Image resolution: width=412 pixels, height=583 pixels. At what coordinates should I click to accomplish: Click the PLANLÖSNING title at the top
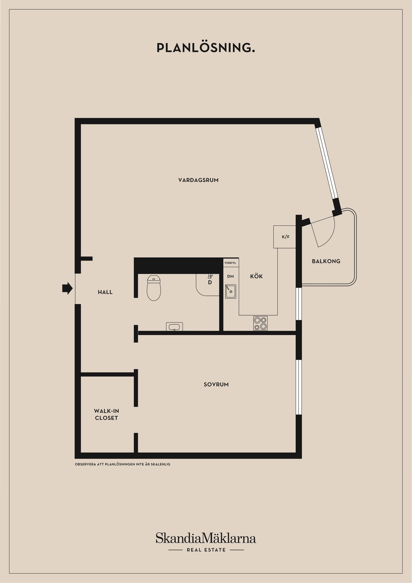pos(206,48)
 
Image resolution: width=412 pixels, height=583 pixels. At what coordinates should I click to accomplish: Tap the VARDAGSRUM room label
pos(198,180)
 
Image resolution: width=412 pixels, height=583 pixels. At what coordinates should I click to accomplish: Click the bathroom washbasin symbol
pos(174,326)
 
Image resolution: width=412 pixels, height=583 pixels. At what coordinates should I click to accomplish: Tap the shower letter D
pos(210,282)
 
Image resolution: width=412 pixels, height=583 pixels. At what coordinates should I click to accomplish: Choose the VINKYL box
pos(230,263)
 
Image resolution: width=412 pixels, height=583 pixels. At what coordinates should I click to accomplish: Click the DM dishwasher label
pos(230,276)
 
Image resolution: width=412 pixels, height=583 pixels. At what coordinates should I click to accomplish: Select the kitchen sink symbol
pos(230,291)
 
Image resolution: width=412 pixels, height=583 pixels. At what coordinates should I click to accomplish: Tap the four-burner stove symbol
pos(260,323)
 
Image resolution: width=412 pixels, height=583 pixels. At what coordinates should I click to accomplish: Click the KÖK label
pos(256,276)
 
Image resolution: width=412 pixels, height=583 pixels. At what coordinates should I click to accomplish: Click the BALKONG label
pos(326,261)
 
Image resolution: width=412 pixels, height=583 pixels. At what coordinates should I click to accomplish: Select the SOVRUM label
pos(216,384)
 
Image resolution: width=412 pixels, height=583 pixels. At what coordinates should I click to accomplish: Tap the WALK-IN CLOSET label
pos(106,414)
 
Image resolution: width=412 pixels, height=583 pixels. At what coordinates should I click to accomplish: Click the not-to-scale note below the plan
pos(122,464)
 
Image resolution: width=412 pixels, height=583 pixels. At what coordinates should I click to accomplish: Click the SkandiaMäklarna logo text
pos(206,538)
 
